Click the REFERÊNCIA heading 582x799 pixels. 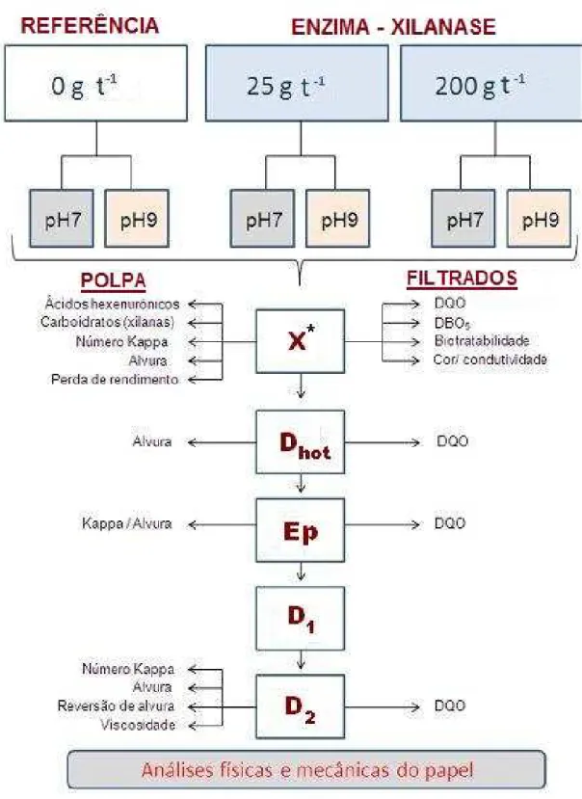90,25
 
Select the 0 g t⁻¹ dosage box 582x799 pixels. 95,83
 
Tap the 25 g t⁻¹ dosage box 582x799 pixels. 297,83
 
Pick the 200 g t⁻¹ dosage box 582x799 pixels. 491,83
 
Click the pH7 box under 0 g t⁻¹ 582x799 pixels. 62,219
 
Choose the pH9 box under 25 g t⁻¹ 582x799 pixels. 338,219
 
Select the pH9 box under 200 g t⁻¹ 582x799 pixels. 540,219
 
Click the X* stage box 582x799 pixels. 301,341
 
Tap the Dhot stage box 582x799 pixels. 301,442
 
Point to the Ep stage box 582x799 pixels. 301,530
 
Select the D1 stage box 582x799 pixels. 301,618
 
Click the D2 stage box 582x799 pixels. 301,706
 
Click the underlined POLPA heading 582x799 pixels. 113,280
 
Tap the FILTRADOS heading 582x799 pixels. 462,279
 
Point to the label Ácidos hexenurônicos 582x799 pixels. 112,305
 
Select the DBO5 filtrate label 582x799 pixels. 452,323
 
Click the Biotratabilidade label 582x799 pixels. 482,340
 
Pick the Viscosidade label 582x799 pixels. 138,725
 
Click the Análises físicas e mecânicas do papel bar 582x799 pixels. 306,769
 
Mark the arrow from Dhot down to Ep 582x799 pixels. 301,483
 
